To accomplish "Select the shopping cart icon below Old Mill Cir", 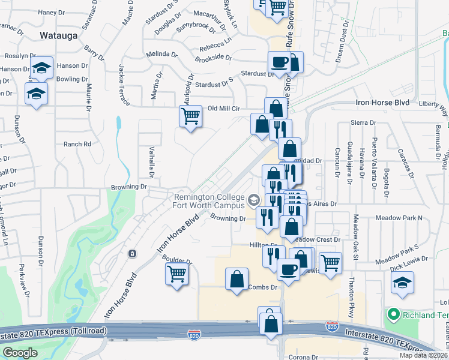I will [x=191, y=115].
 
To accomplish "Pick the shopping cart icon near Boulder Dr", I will [x=176, y=274].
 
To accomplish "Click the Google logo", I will [x=19, y=353].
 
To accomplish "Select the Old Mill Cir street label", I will [x=223, y=109].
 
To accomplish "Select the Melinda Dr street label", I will [x=161, y=55].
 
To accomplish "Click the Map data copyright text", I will [x=422, y=355].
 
